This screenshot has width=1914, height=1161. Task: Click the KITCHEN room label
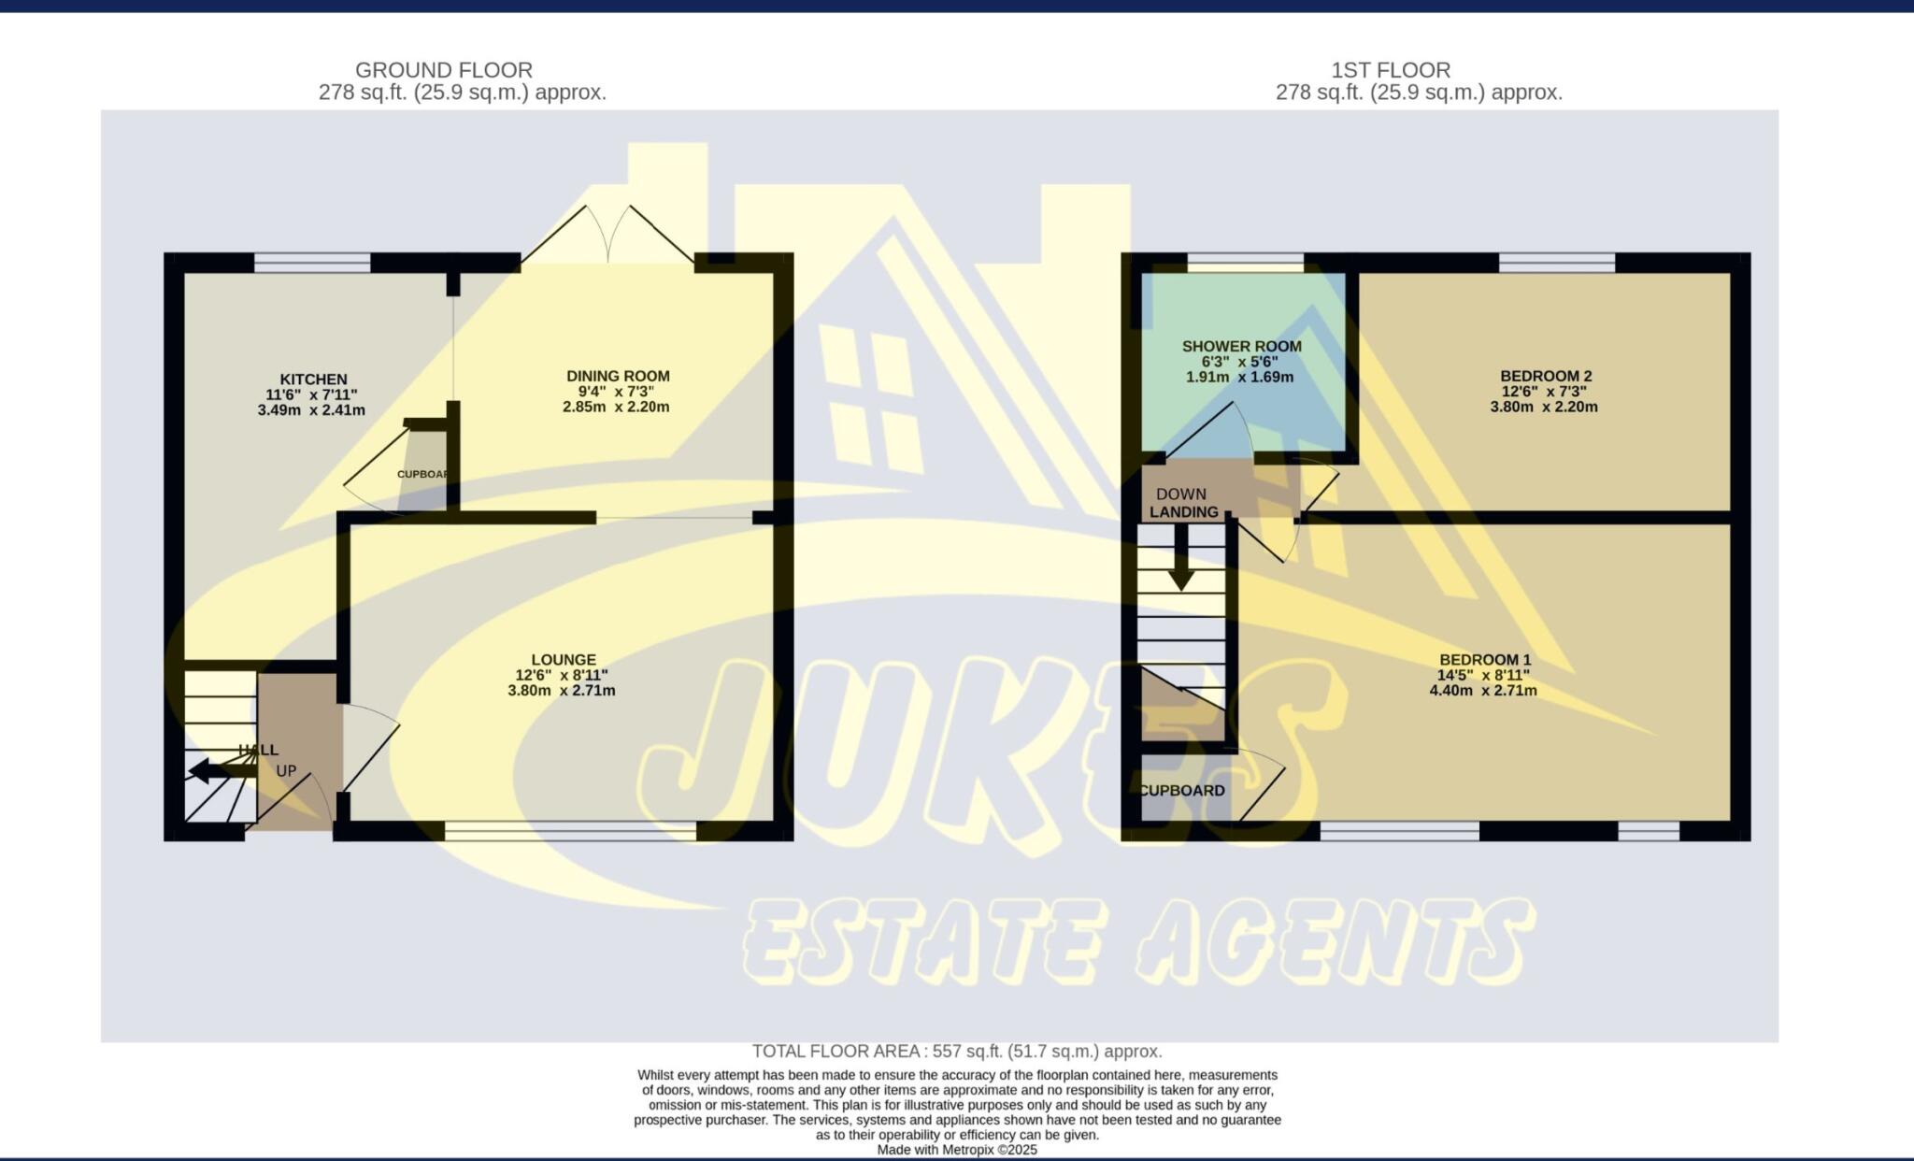click(313, 380)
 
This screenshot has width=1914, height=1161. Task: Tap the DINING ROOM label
click(618, 377)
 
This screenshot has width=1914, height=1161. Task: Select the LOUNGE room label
click(564, 660)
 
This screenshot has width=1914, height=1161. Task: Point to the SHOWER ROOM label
click(1241, 347)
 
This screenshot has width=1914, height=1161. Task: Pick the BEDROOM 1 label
click(1485, 660)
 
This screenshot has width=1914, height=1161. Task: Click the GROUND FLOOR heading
click(444, 70)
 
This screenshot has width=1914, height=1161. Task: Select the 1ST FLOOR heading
click(1391, 70)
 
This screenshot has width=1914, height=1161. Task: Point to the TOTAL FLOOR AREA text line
click(957, 1052)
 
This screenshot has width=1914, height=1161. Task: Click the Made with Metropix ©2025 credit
click(957, 1151)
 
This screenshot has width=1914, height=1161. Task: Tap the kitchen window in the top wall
click(312, 263)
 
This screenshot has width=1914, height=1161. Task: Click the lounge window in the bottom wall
click(571, 831)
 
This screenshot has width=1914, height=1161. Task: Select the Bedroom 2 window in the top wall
click(1557, 263)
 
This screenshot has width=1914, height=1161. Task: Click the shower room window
click(1245, 263)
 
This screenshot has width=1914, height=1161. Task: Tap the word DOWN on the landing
click(1181, 494)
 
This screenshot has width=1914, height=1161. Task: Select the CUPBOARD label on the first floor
click(1182, 791)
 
